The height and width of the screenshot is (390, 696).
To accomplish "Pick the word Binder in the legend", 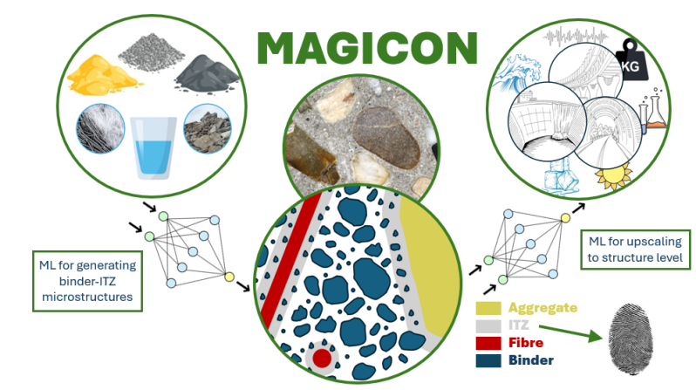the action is click(530, 359).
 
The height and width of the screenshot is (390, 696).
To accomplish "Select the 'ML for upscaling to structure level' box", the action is click(637, 250).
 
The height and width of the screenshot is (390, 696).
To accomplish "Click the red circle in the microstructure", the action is click(322, 358).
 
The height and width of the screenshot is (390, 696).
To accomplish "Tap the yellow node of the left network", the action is click(229, 277).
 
